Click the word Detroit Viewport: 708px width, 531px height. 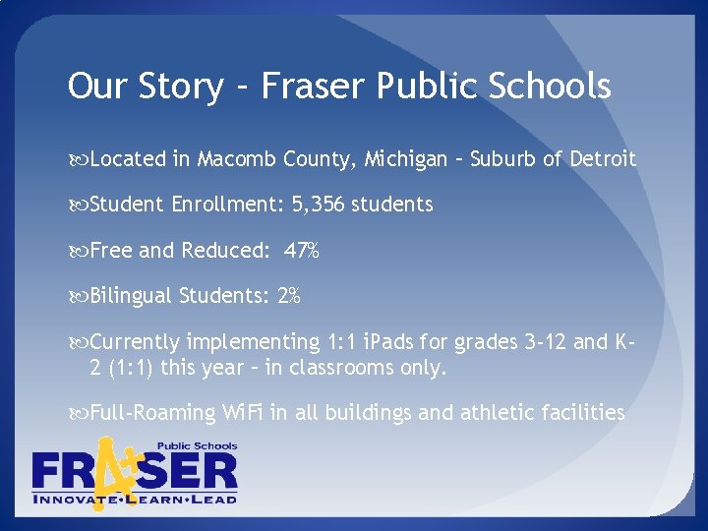click(x=603, y=158)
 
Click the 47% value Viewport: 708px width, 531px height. click(x=301, y=251)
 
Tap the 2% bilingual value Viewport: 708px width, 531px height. click(x=289, y=296)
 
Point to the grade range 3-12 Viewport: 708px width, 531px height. click(x=540, y=342)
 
